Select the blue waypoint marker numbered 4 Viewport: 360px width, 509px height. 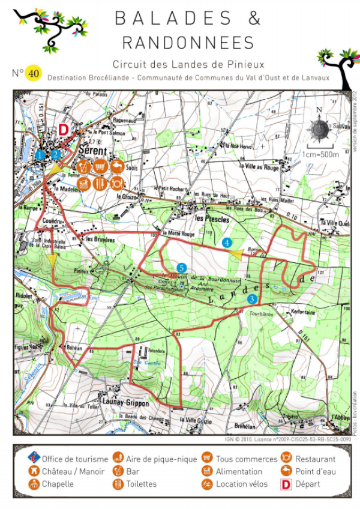[x=227, y=243]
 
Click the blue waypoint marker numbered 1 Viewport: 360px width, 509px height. [x=40, y=155]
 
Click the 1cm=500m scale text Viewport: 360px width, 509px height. [x=320, y=154]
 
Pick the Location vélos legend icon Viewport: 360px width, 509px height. [x=207, y=484]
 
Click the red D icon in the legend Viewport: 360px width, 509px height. [x=287, y=484]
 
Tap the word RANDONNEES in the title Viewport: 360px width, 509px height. [x=187, y=42]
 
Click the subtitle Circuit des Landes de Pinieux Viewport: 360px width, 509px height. [x=188, y=64]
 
